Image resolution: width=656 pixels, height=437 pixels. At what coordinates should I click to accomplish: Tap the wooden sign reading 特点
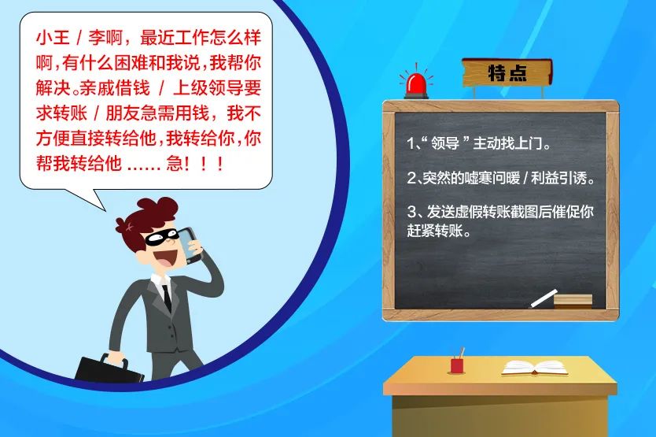pos(506,73)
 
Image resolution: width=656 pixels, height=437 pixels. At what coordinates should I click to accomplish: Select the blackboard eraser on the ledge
pos(573,299)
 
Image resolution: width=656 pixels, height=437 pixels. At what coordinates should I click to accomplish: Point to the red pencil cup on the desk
pos(456,365)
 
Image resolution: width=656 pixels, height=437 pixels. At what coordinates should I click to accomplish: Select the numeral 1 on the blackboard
pos(411,145)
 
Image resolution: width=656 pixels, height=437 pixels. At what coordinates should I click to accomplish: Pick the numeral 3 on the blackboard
pos(411,212)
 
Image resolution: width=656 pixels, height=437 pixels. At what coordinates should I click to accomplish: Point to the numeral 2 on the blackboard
pos(411,179)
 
